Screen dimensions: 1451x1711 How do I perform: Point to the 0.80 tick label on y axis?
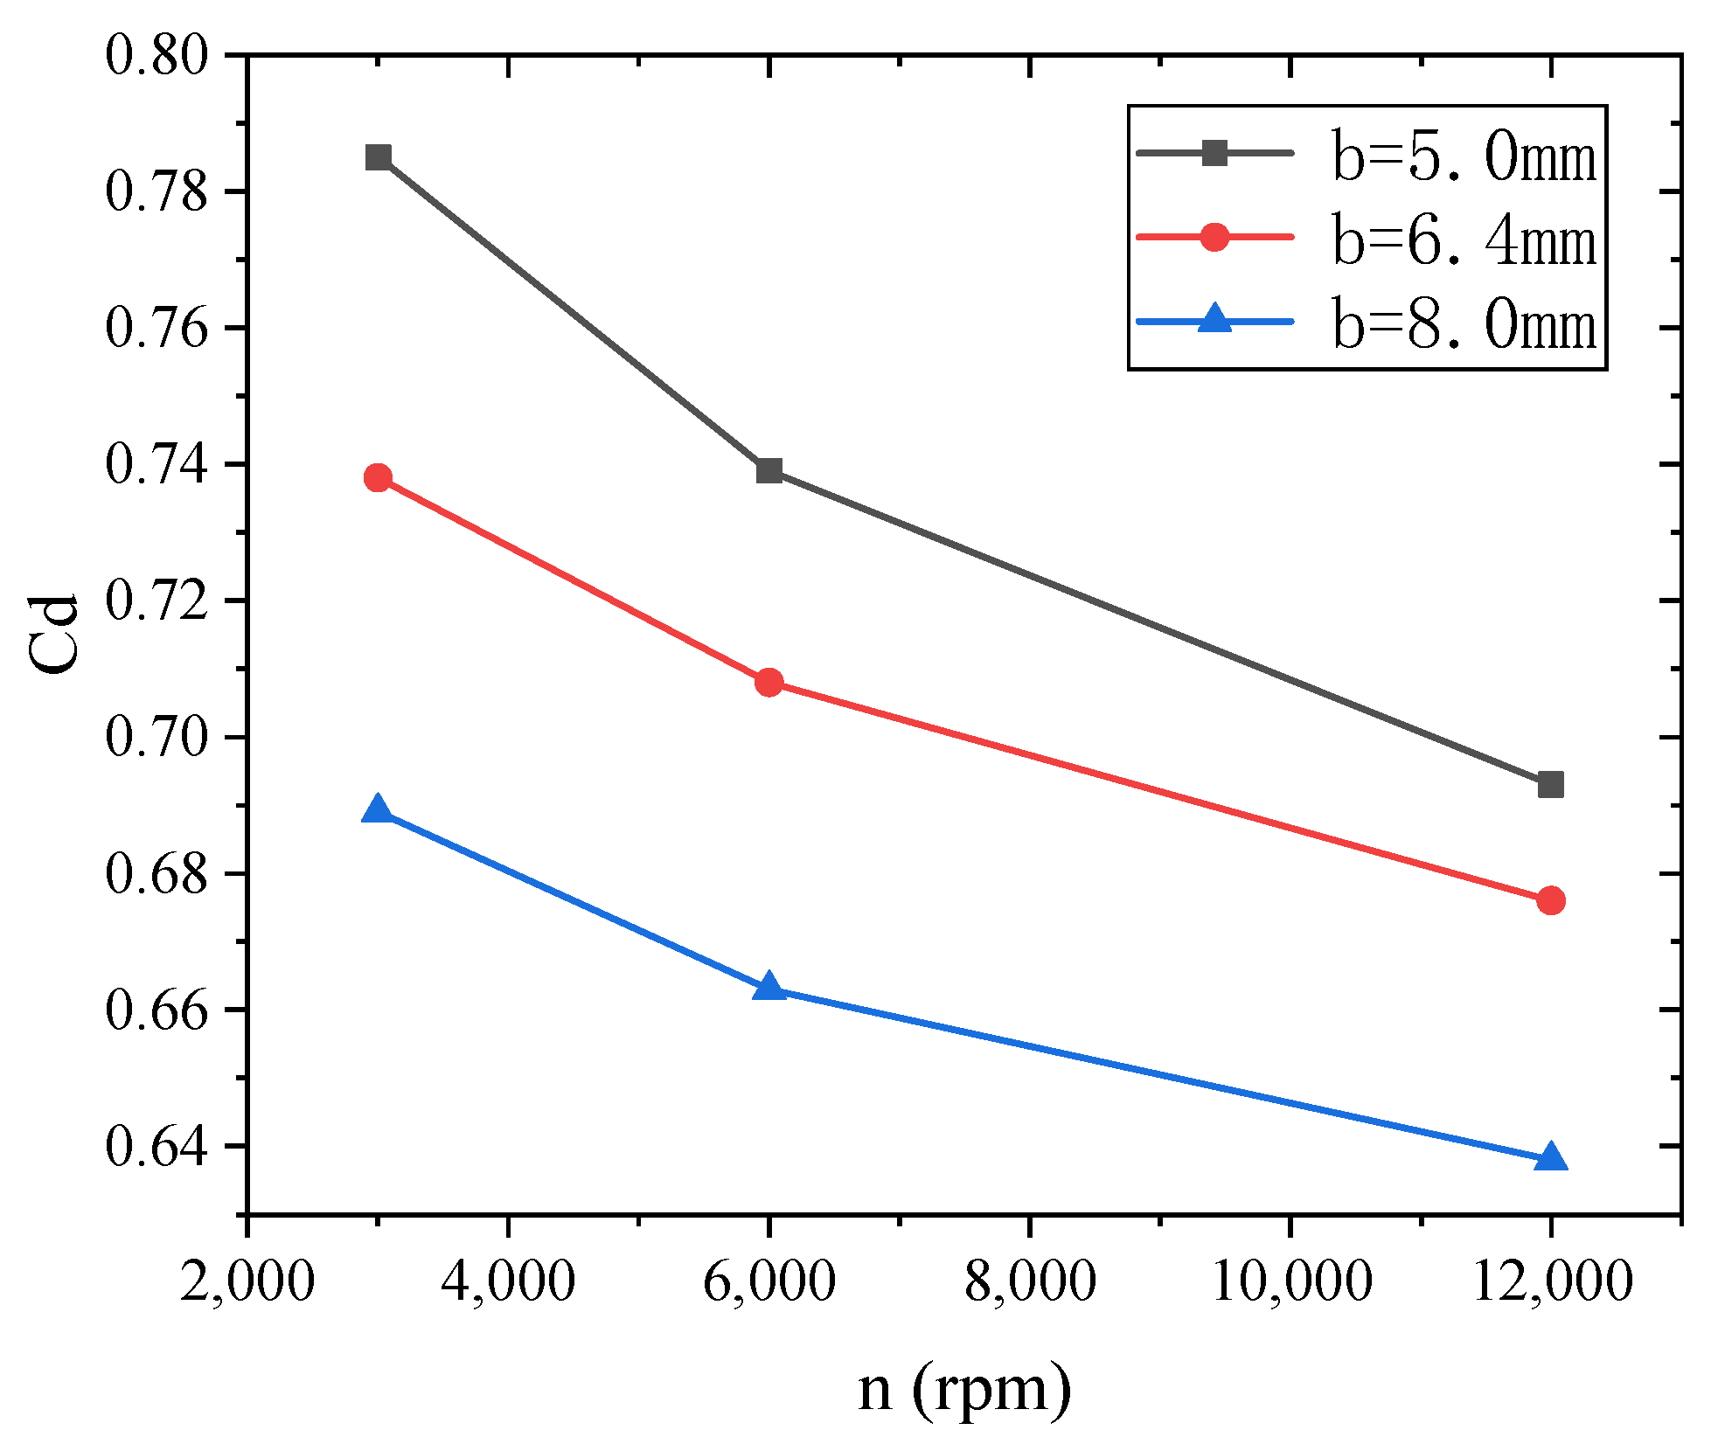157,55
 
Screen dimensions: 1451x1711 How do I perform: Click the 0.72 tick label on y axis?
157,601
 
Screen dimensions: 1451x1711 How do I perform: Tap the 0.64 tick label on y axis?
157,1147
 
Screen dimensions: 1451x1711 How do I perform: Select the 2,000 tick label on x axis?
247,1282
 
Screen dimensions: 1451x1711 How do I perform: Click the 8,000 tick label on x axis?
1030,1282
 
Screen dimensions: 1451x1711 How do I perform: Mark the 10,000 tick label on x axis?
1290,1282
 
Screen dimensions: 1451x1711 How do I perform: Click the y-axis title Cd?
54,634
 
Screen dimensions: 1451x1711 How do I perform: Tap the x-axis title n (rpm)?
964,1390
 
